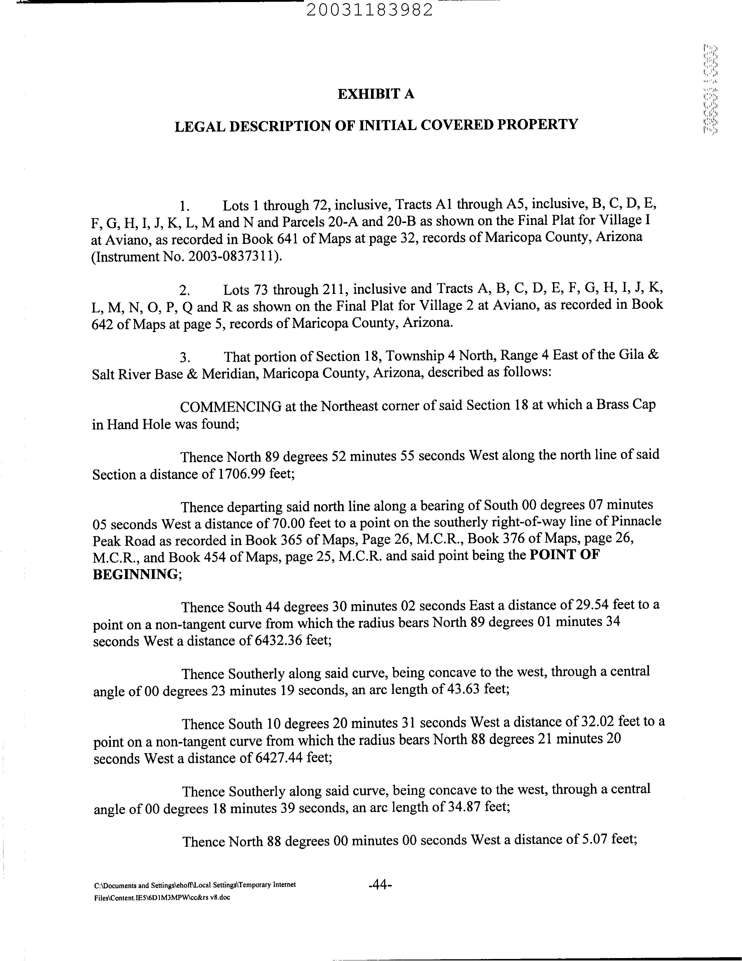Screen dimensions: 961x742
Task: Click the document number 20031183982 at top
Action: coord(370,10)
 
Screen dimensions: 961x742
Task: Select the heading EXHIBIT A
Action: coord(376,94)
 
